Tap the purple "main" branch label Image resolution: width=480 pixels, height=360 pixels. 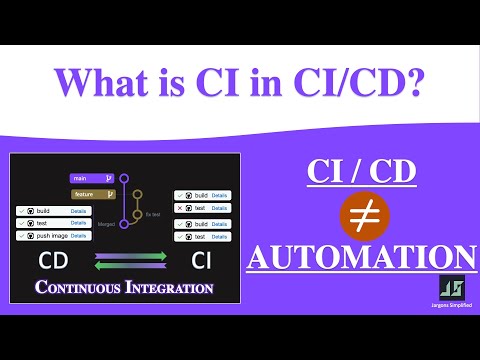[93, 179]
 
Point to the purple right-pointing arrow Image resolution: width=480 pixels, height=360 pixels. [131, 257]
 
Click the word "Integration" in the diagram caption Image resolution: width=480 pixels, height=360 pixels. [171, 289]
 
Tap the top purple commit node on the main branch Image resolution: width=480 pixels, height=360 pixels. [124, 179]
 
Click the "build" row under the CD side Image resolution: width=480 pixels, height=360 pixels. [55, 211]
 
